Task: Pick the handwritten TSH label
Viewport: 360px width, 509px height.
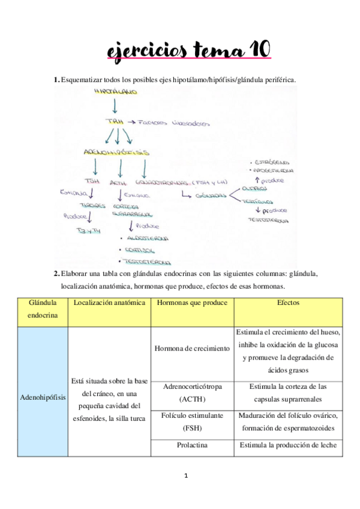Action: [92, 181]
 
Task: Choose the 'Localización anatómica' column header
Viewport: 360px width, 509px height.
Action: [109, 303]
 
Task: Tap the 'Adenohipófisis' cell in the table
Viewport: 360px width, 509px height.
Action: [43, 397]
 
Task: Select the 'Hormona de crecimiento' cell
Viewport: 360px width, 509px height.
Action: [192, 348]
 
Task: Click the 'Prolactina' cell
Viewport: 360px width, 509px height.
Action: [192, 446]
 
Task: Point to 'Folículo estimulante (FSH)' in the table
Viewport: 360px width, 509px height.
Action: [192, 422]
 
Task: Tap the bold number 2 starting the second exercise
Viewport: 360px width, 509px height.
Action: [56, 274]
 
